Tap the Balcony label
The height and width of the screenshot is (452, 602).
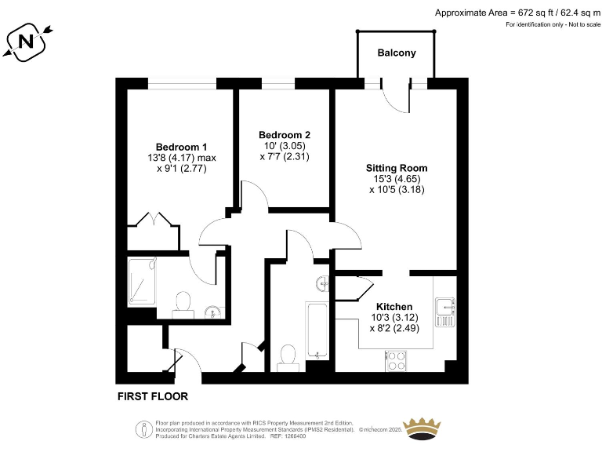click(396, 53)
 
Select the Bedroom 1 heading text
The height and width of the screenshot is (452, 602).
click(181, 147)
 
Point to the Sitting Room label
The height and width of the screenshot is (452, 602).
click(397, 168)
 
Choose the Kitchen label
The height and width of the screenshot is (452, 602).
click(394, 306)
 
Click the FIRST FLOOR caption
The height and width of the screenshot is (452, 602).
click(153, 396)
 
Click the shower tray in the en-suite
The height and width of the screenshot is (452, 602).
click(143, 282)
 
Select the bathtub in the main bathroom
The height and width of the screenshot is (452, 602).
click(317, 329)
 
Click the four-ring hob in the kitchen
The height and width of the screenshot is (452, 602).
click(397, 361)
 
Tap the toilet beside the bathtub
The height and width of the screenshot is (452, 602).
click(287, 355)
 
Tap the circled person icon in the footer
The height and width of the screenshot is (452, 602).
click(143, 429)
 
